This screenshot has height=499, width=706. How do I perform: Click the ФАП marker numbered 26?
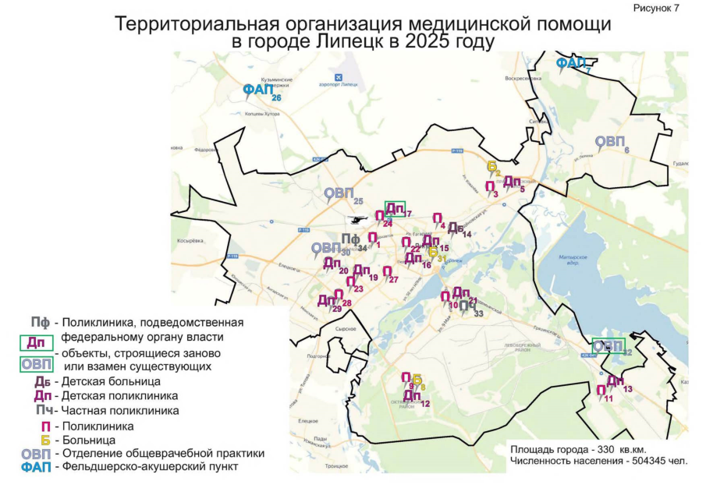[x=258, y=90]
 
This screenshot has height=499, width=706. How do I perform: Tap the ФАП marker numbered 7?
[x=570, y=63]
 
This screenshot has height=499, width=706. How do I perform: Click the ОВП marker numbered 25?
[x=339, y=194]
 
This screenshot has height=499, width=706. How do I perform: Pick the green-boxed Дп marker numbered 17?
[x=396, y=209]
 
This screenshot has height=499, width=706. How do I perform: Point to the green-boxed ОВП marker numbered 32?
[x=608, y=345]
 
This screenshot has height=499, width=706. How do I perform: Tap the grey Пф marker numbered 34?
[x=349, y=240]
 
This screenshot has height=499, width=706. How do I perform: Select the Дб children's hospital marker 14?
[x=456, y=228]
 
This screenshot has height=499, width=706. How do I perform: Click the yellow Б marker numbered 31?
[x=433, y=251]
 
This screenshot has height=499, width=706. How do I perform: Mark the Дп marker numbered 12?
[x=412, y=396]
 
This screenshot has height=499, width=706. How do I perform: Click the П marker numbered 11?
[x=601, y=391]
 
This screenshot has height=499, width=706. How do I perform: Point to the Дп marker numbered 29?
[x=326, y=301]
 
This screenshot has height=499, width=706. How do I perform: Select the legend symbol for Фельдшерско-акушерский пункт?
[x=36, y=467]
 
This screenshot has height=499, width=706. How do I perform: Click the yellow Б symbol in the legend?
[x=45, y=439]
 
